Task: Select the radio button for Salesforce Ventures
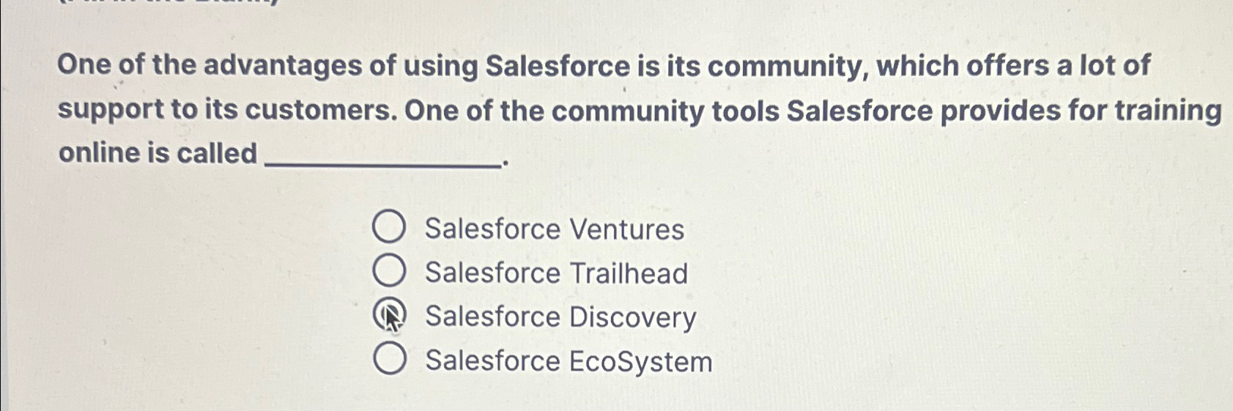tap(388, 227)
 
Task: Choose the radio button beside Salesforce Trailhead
tap(388, 271)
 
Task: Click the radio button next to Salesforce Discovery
tap(389, 316)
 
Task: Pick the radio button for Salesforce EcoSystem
tap(389, 359)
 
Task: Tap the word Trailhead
tap(629, 273)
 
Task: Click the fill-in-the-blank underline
tap(382, 166)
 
